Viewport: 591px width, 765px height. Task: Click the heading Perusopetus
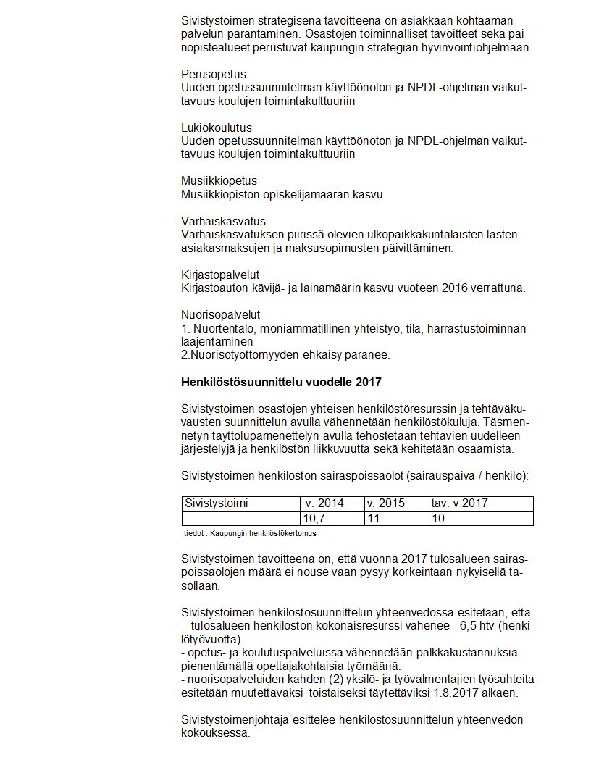click(x=213, y=75)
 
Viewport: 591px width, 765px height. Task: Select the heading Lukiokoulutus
click(x=216, y=128)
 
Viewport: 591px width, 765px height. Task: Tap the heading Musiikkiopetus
click(x=219, y=181)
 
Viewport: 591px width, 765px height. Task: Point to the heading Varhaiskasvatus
click(x=223, y=221)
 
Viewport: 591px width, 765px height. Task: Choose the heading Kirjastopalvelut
click(x=220, y=275)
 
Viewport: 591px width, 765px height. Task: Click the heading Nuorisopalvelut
click(x=220, y=315)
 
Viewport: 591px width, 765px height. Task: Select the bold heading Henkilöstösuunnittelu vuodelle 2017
click(x=281, y=382)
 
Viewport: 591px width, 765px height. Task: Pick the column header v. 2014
click(x=323, y=503)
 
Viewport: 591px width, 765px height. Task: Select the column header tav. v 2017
click(x=459, y=503)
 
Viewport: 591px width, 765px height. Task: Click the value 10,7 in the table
click(x=314, y=519)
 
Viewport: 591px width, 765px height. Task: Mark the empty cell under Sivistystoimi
click(x=240, y=519)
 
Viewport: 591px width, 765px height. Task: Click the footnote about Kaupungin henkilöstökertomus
click(x=251, y=533)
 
